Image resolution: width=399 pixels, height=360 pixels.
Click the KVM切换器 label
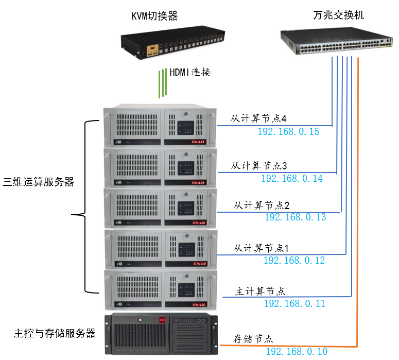[154, 16]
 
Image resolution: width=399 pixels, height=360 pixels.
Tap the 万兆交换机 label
[338, 15]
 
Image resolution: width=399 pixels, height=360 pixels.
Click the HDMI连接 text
[190, 73]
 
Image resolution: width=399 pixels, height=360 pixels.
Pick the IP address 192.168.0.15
[288, 132]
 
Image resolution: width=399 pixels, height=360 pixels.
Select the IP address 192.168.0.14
[292, 178]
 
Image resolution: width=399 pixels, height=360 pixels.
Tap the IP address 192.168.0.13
[295, 217]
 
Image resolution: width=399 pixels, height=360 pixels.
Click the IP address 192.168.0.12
[294, 261]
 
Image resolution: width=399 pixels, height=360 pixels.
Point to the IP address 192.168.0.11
[294, 303]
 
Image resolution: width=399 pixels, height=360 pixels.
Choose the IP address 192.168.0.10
[297, 351]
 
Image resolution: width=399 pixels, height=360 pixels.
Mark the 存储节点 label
[253, 339]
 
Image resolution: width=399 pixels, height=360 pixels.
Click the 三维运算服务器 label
[39, 182]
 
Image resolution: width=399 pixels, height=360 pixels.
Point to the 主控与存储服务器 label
[55, 333]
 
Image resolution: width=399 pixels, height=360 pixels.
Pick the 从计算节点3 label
[258, 166]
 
